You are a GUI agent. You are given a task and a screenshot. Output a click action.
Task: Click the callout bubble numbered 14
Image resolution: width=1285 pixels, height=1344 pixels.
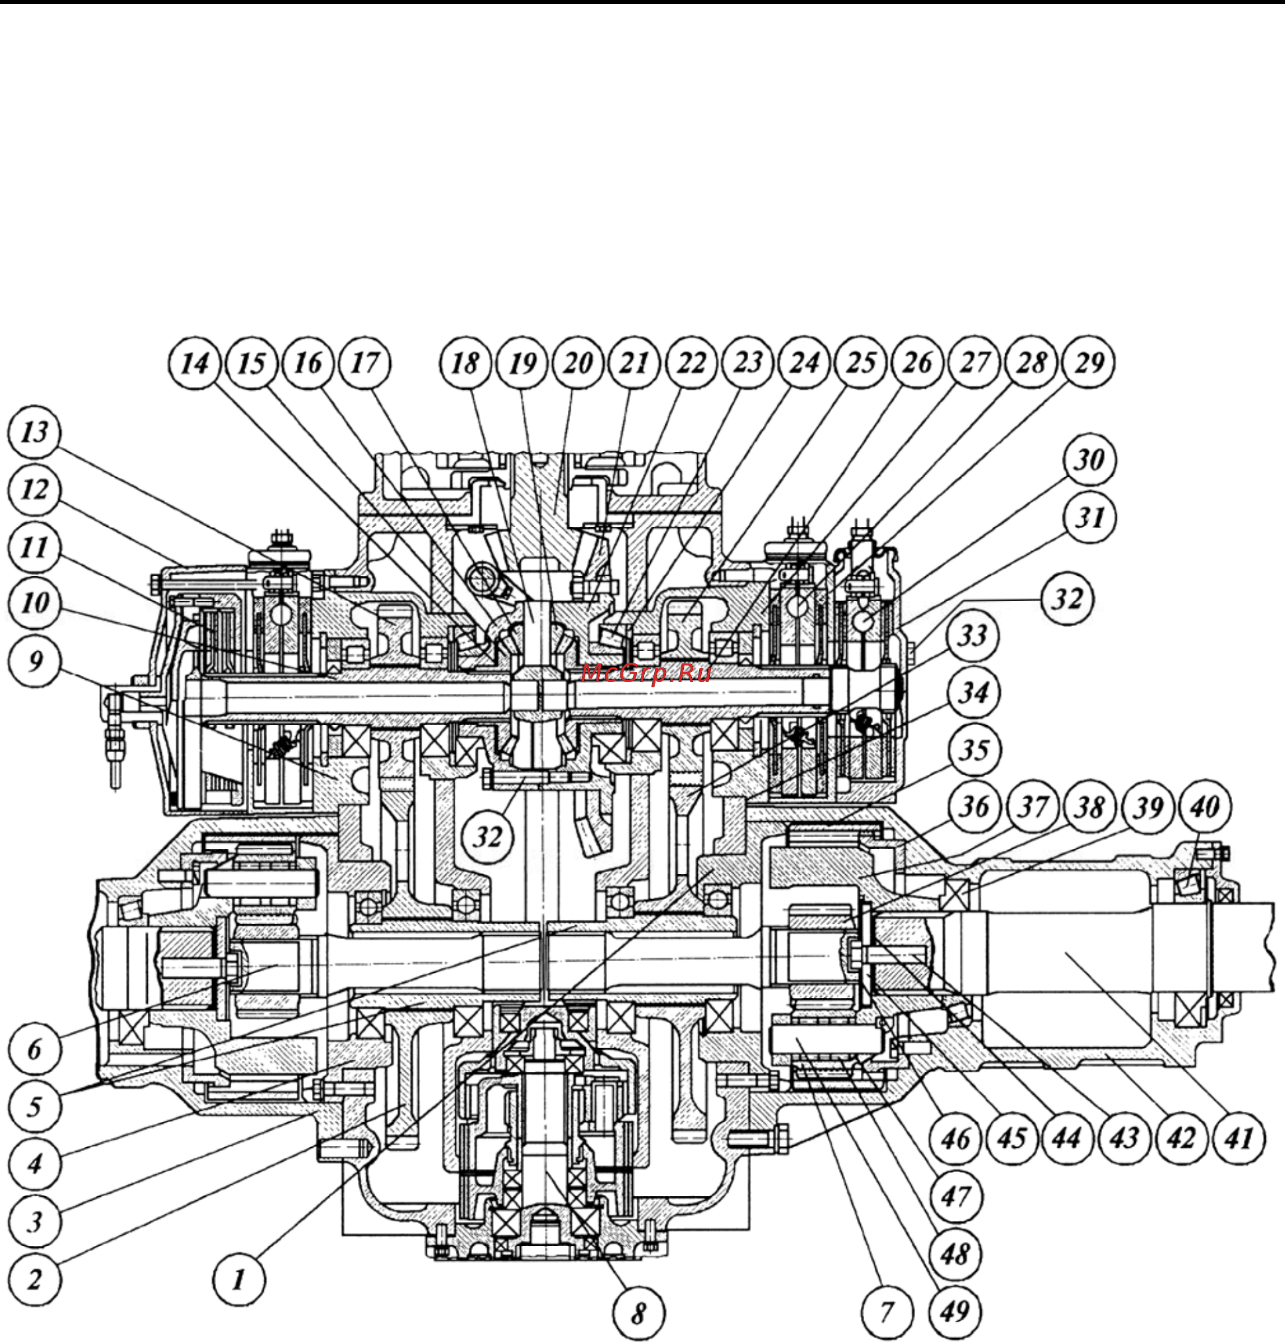(x=196, y=363)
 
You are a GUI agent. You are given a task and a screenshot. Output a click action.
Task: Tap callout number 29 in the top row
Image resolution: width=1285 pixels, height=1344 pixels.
(x=1088, y=363)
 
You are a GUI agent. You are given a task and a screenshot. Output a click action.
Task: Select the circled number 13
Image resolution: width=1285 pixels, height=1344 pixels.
(x=34, y=432)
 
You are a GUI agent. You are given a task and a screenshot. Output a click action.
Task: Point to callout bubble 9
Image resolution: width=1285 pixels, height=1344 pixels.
(x=34, y=661)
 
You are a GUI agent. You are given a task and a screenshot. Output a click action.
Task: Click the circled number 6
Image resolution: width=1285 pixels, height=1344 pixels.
(x=34, y=1049)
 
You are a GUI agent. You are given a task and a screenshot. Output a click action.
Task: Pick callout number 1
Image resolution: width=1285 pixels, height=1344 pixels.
(x=239, y=1279)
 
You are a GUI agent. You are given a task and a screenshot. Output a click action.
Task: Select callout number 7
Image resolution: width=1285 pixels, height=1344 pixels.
(x=887, y=1312)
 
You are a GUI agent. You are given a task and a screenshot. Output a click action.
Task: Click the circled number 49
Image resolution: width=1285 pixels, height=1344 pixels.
(x=955, y=1312)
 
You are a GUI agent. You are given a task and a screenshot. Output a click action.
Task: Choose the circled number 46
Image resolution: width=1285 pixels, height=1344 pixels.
(x=956, y=1139)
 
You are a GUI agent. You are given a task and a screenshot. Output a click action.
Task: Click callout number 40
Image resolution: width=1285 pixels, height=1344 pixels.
(x=1205, y=807)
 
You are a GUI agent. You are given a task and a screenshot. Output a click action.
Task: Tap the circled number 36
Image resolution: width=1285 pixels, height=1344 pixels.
(x=975, y=807)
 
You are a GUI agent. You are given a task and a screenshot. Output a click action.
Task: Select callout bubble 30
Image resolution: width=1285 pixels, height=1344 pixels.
(x=1089, y=460)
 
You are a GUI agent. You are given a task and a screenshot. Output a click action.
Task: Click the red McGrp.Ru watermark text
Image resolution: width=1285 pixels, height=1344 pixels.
(x=646, y=673)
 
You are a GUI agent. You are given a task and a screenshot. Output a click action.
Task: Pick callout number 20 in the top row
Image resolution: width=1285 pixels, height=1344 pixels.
(x=577, y=363)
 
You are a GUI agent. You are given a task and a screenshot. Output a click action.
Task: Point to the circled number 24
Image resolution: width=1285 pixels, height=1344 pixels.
(x=804, y=363)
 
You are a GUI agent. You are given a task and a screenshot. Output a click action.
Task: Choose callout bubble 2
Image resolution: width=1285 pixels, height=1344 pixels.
(x=34, y=1279)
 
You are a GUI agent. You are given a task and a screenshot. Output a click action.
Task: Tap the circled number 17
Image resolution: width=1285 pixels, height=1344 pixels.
(x=364, y=363)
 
